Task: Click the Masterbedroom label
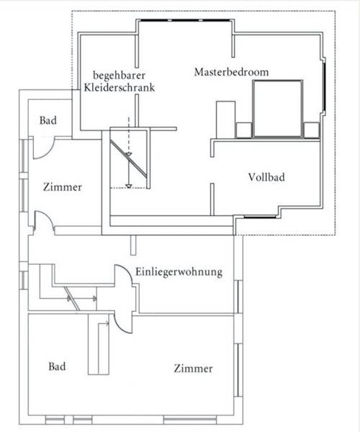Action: pos(231,72)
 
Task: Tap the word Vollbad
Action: pos(266,177)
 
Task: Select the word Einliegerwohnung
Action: pos(179,272)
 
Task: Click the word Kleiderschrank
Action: pos(120,88)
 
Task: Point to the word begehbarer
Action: pos(120,75)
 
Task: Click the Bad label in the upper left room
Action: pos(48,120)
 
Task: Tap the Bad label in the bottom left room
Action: pos(57,366)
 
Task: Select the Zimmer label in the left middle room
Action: pos(63,187)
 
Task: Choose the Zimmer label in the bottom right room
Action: pos(193,369)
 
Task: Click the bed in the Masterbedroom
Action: pos(278,109)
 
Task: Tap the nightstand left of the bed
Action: pos(244,130)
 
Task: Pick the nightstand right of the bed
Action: pos(311,130)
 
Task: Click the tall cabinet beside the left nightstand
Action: pos(225,120)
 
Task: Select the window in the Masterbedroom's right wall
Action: pos(325,86)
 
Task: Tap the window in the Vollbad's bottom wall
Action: pos(260,217)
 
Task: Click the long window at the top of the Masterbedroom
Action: pos(185,20)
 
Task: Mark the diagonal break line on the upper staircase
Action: pos(128,158)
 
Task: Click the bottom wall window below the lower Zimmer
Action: pos(190,420)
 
